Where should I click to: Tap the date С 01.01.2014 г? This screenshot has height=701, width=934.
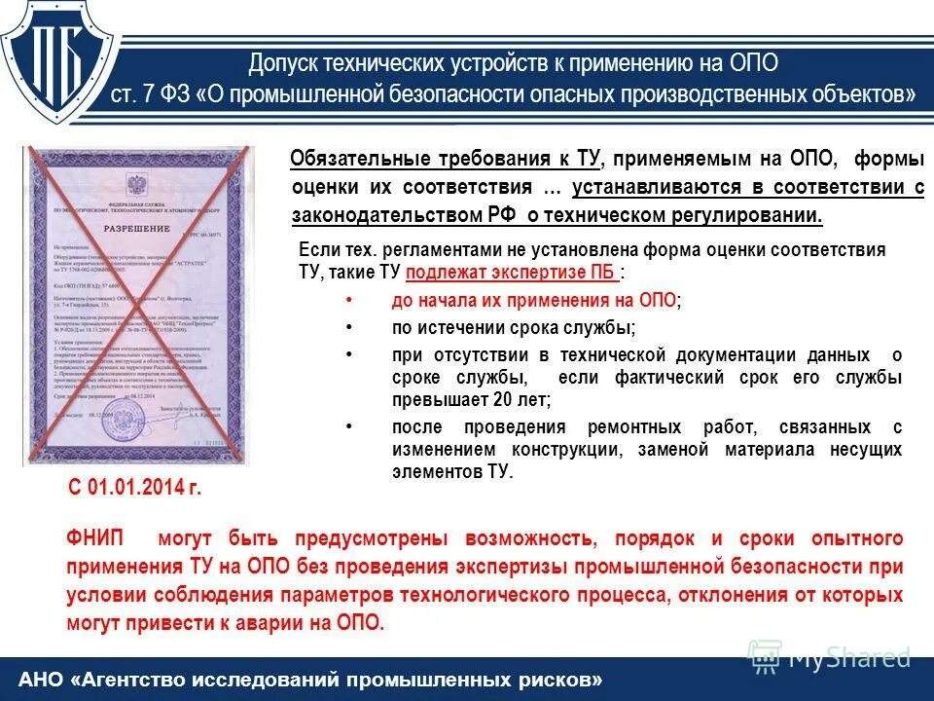pyautogui.click(x=134, y=487)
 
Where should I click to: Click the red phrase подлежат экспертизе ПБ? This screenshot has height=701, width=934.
pyautogui.click(x=511, y=274)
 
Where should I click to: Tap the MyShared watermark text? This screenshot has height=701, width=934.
pyautogui.click(x=848, y=658)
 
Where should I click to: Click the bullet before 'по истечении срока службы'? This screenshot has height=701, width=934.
pyautogui.click(x=348, y=327)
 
